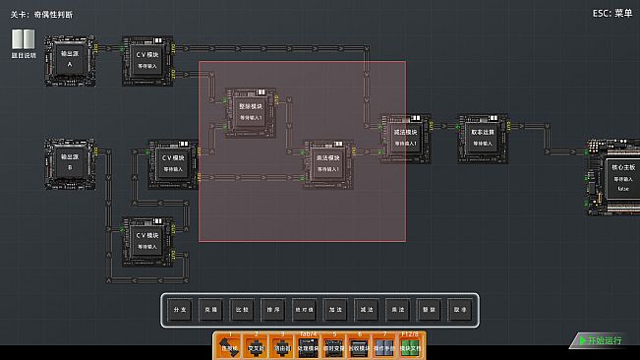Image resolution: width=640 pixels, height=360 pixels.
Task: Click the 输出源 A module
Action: (x=70, y=58)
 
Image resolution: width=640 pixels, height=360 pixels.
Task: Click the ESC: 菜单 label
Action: (x=612, y=13)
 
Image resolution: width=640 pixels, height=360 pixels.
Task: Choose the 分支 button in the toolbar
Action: (x=179, y=310)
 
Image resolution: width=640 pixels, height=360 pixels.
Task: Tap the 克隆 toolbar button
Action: (x=210, y=310)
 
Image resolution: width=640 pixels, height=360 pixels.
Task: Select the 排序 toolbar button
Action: (x=242, y=310)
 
